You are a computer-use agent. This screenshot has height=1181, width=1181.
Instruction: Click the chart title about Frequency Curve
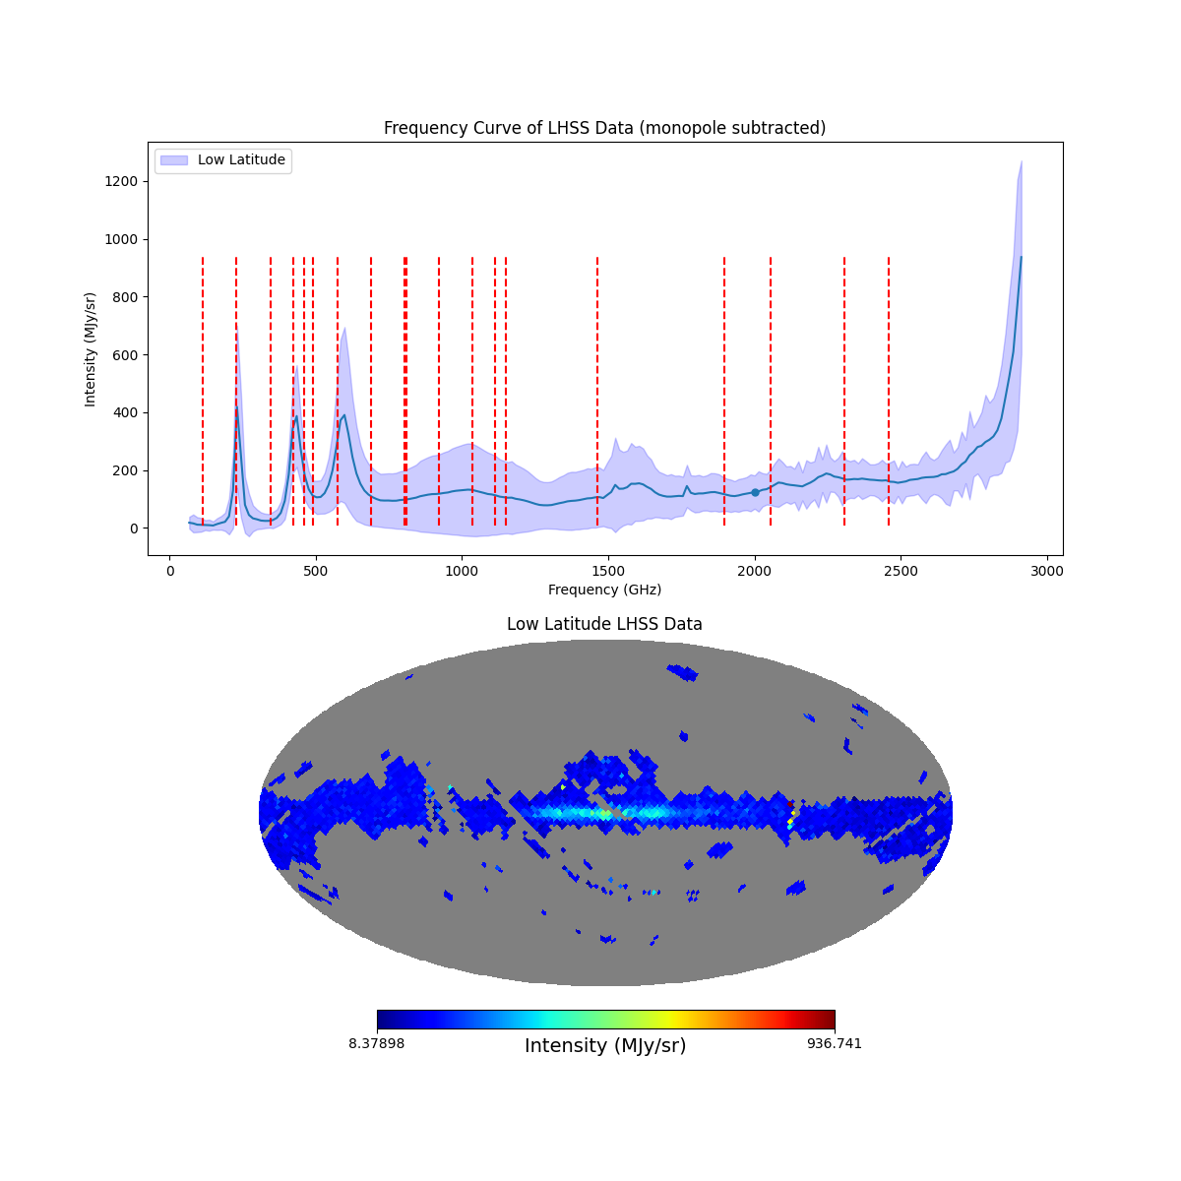coord(604,128)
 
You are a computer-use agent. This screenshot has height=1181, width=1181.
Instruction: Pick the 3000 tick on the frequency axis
coord(1047,571)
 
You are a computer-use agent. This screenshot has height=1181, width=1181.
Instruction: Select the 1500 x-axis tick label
coord(609,571)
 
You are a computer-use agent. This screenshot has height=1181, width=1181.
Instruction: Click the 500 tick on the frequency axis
coord(316,571)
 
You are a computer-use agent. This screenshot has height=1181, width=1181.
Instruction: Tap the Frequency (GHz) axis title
coord(604,590)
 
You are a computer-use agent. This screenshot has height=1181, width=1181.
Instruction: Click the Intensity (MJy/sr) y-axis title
coord(91,348)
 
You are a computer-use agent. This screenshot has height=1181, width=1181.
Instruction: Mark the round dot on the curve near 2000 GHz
coord(755,492)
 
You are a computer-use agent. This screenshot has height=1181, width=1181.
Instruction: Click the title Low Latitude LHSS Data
coord(604,624)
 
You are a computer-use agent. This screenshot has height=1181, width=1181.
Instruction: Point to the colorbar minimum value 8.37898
coord(376,1043)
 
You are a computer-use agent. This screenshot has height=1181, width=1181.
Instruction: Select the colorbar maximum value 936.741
coord(835,1043)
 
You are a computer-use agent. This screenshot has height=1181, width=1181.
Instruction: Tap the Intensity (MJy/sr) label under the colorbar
coord(605,1046)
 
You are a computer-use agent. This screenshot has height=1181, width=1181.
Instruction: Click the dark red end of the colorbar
coord(830,1020)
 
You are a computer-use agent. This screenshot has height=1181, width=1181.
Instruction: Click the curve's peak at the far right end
coord(1021,257)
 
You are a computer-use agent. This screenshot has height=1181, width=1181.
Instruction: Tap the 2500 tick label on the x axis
coord(901,571)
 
